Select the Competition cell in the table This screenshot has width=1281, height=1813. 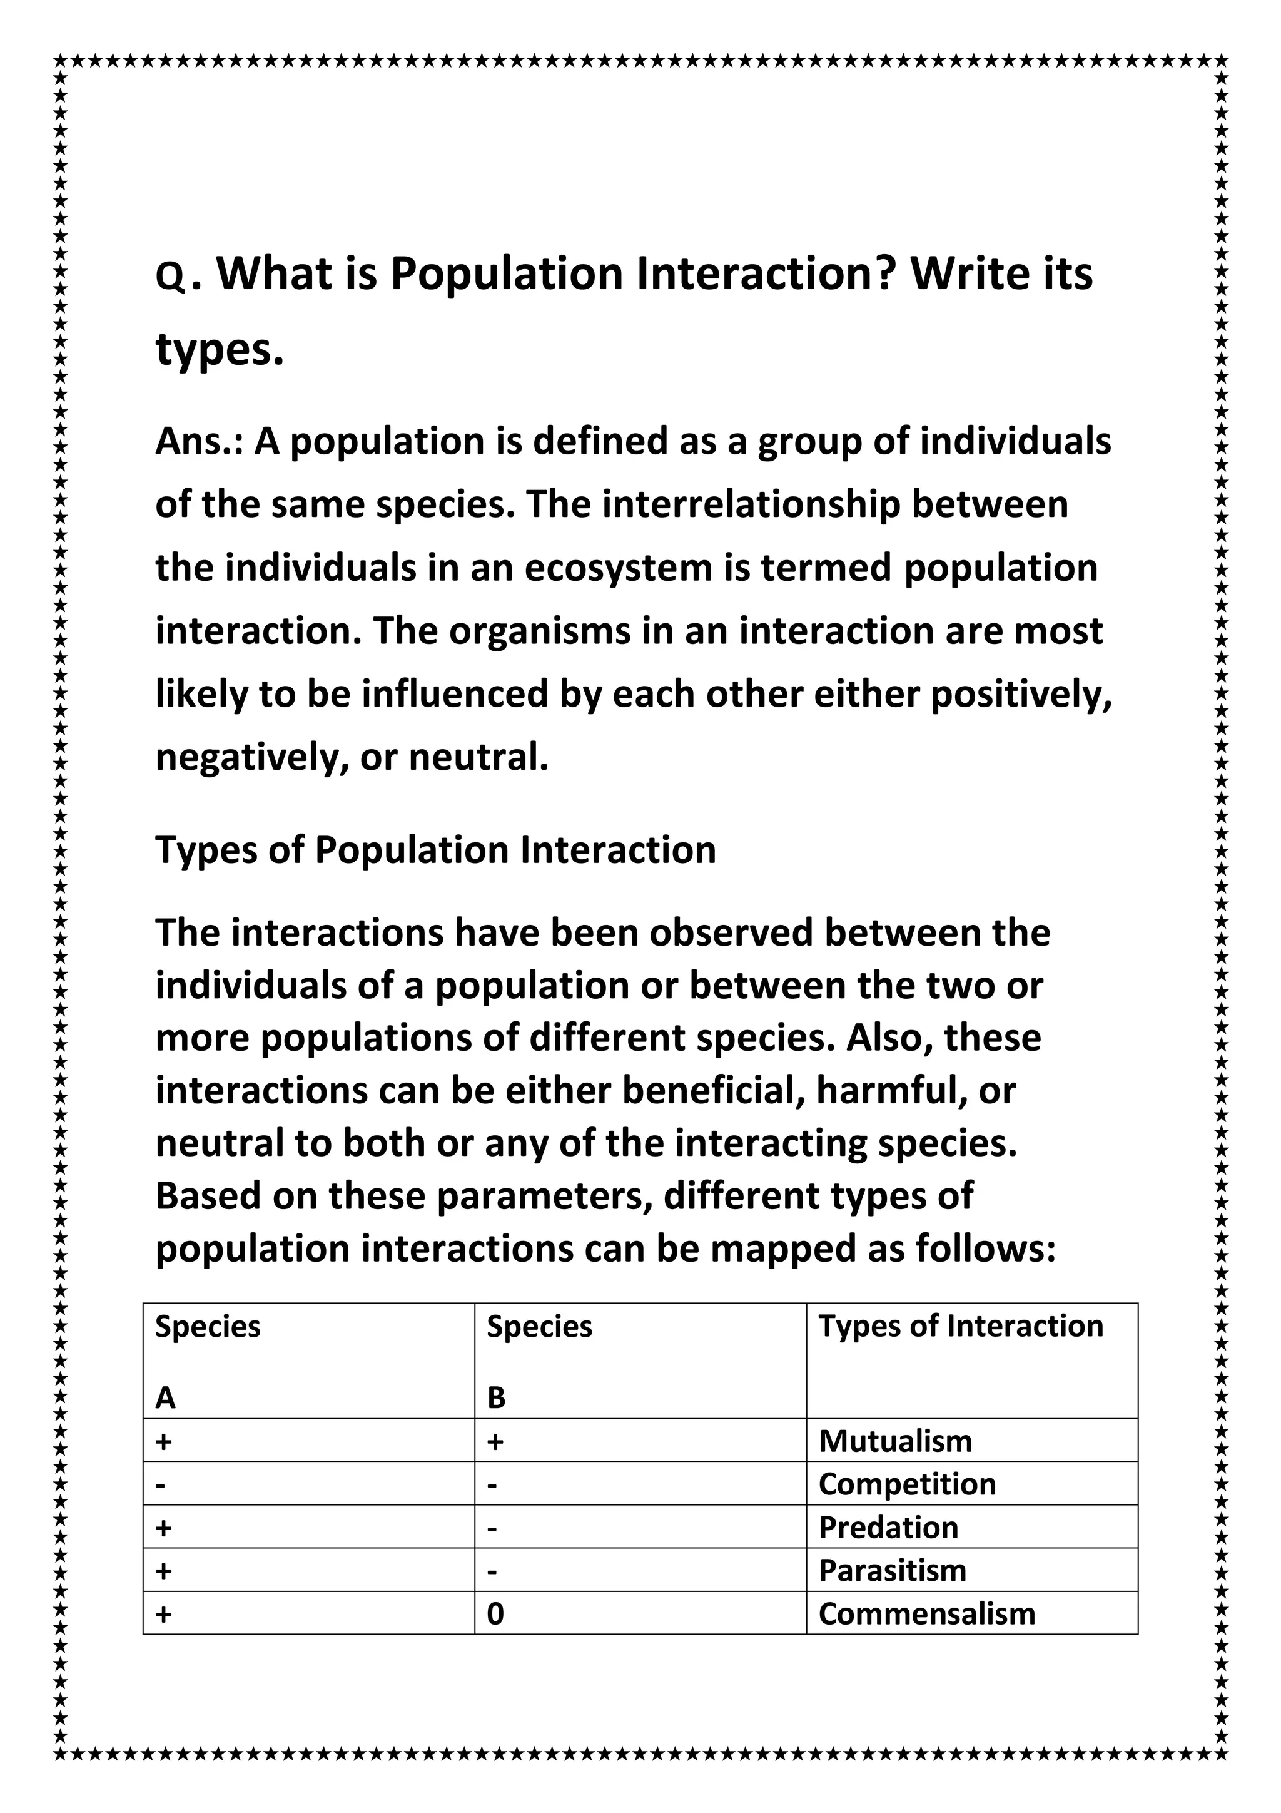[907, 1484]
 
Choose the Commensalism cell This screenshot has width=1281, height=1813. [926, 1613]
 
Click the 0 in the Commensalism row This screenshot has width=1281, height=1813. [495, 1613]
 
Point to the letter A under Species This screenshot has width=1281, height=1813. [165, 1397]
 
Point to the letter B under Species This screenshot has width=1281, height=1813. [495, 1397]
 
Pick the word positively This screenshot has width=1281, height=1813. [1021, 695]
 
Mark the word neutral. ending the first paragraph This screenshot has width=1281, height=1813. [478, 758]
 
